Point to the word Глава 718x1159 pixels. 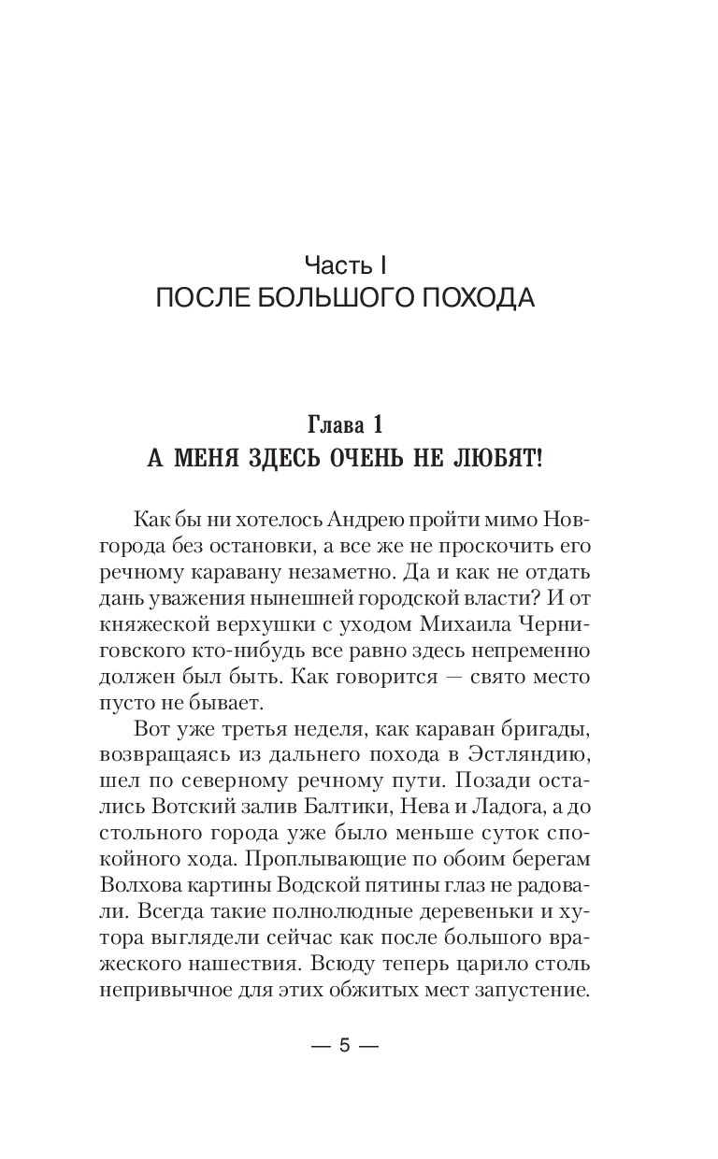tap(339, 425)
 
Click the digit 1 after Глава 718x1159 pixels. tap(378, 425)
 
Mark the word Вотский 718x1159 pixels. tap(194, 808)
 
